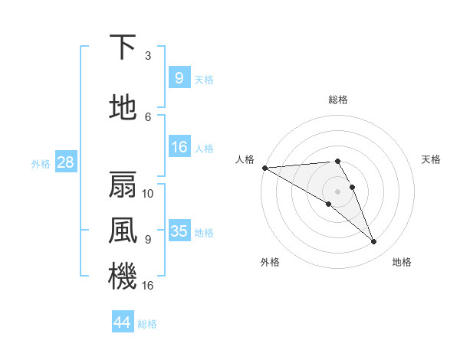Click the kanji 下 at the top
[123, 47]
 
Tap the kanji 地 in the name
[123, 108]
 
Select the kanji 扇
[123, 185]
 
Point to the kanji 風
[123, 229]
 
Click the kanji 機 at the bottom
[123, 275]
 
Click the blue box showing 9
[179, 77]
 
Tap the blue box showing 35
[179, 231]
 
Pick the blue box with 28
[65, 162]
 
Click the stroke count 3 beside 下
[148, 55]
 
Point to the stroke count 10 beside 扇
[149, 193]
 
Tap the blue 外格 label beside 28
[41, 163]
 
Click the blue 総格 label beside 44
[147, 323]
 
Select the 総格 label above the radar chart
[338, 100]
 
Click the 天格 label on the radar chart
[432, 159]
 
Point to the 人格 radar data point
[264, 168]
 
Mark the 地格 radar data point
[374, 242]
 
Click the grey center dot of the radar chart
[338, 191]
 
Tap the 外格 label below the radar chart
[270, 262]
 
